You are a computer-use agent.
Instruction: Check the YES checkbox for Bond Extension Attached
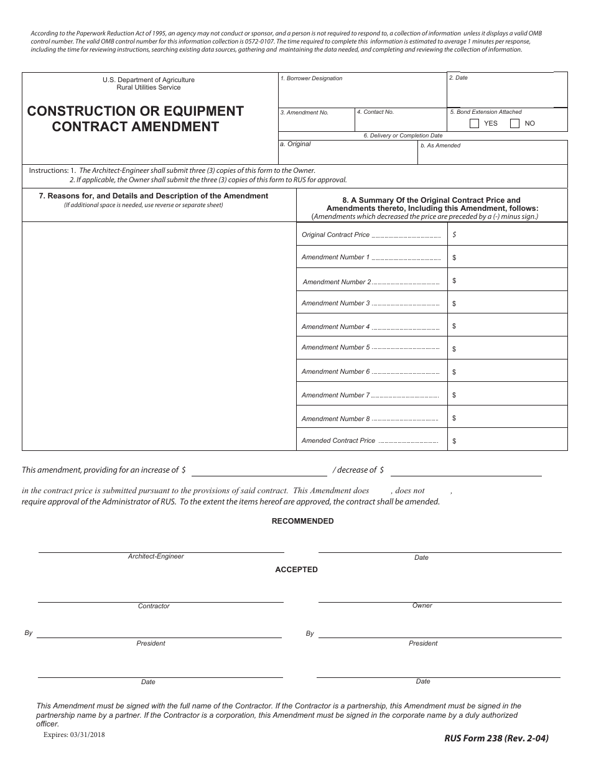pos(474,123)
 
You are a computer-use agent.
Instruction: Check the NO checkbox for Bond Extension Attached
pos(514,123)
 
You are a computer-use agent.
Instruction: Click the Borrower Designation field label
pos(311,78)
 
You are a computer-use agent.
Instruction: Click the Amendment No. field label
pos(304,113)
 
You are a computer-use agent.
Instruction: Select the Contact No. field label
pos(375,112)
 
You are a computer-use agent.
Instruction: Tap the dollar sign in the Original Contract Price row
pos(455,234)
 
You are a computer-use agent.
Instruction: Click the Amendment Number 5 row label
pos(335,348)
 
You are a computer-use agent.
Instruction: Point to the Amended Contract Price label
pos(338,440)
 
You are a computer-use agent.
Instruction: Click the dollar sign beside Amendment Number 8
pos(455,418)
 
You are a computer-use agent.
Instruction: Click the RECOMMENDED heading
pos(302,521)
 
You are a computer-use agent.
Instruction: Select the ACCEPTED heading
pos(296,570)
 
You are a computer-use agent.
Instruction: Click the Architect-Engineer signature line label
pos(156,557)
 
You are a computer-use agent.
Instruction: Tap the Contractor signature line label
pos(154,606)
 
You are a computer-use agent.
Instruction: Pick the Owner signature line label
pos(422,605)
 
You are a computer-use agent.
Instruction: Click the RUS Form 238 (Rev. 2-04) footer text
pos(496,739)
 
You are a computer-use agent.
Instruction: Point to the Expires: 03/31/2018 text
pos(74,735)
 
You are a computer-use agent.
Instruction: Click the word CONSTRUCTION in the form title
pos(81,111)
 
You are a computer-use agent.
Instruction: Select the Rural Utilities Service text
pos(149,88)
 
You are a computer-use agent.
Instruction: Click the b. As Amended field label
pos(440,146)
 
